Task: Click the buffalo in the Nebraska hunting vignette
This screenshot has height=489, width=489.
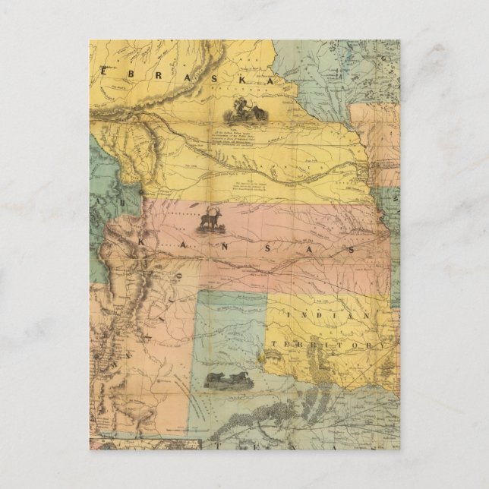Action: [x=259, y=114]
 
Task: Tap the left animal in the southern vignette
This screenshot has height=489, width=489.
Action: [x=215, y=377]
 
